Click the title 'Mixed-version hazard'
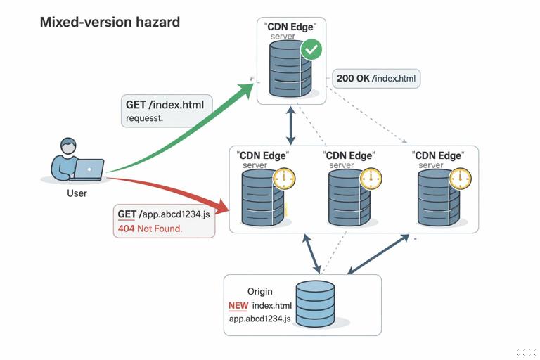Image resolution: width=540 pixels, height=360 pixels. [110, 22]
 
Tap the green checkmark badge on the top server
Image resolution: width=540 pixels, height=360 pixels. [311, 50]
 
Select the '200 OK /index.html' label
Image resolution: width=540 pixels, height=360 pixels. [377, 78]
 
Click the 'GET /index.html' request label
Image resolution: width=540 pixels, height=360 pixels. [165, 105]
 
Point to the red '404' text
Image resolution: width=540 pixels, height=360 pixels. [127, 229]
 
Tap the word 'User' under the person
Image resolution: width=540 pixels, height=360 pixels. [77, 193]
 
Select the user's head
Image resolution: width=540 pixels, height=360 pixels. [68, 146]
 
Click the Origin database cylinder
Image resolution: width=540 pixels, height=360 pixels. [315, 304]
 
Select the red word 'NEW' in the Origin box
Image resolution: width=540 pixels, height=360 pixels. [238, 306]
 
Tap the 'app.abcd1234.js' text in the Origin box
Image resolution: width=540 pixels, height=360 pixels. [260, 319]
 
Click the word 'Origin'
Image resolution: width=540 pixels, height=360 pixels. [259, 291]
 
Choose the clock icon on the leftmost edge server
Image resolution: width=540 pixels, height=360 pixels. [284, 179]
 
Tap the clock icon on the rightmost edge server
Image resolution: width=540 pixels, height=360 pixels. [461, 179]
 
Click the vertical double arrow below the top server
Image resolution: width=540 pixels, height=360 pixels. [290, 125]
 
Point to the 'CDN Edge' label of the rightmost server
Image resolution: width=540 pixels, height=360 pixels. [439, 155]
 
